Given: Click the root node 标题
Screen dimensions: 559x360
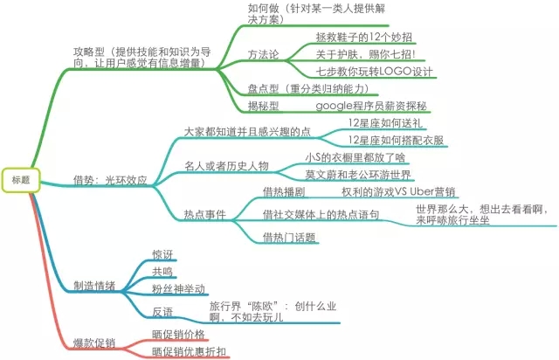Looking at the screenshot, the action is pos(21,179).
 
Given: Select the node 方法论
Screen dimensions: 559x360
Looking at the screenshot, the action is pos(263,54).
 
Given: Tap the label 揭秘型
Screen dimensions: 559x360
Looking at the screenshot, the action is pos(263,106).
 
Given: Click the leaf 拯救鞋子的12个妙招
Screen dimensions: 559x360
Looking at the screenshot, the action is pos(363,37).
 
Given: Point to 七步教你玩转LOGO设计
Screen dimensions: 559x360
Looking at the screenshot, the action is pos(374,72).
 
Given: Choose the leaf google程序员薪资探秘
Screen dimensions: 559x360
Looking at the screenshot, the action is pos(371,106).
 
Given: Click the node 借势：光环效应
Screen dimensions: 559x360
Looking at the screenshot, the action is pos(110,180).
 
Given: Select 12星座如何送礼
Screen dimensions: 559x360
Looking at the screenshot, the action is pos(385,123).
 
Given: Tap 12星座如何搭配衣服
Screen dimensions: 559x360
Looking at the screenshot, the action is pos(396,140).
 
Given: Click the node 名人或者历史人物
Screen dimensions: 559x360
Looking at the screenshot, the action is pos(226,166).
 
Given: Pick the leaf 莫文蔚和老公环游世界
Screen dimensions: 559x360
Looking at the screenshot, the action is pos(358,175).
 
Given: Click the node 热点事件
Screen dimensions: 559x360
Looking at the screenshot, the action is pos(205,214).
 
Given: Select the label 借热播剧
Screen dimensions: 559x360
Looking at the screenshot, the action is pos(284,192).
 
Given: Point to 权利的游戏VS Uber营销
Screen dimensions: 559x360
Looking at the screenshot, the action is pos(398,192).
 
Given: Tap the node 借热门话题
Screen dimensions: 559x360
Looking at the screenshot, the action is pos(289,238).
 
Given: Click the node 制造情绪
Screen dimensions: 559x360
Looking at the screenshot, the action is pos(94,286).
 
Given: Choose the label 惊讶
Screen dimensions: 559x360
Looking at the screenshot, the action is pos(162,254).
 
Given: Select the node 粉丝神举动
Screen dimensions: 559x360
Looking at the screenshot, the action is pos(178,288).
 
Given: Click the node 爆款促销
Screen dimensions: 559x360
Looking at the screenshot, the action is pos(94,343).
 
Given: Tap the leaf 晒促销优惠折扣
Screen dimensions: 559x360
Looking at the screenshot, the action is pos(189,351).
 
